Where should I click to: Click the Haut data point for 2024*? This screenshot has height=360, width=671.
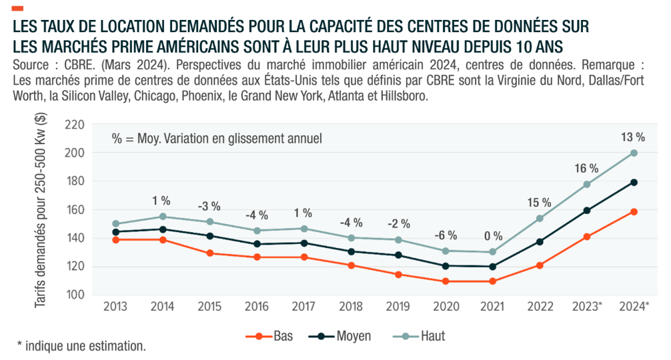click(x=634, y=153)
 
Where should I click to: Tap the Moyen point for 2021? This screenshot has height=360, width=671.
click(x=492, y=267)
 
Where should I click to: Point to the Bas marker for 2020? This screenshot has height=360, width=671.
click(x=445, y=281)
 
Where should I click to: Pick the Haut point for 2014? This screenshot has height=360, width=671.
click(x=162, y=217)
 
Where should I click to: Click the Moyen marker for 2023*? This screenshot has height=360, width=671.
click(x=587, y=211)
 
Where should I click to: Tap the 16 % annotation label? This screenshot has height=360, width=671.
click(x=587, y=168)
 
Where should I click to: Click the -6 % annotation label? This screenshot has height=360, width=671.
click(x=446, y=235)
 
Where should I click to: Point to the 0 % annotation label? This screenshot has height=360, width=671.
click(x=492, y=235)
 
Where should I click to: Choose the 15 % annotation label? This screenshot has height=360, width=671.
click(x=540, y=202)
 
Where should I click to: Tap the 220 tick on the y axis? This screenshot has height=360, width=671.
click(x=78, y=125)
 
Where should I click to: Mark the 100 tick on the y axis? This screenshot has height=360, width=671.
click(x=78, y=295)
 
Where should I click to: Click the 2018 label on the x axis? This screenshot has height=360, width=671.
click(x=351, y=306)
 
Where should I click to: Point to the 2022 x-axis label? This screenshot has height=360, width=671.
click(x=540, y=306)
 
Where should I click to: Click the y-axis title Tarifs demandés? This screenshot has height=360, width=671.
click(x=41, y=210)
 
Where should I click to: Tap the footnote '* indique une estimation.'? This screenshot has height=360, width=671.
click(x=81, y=346)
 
